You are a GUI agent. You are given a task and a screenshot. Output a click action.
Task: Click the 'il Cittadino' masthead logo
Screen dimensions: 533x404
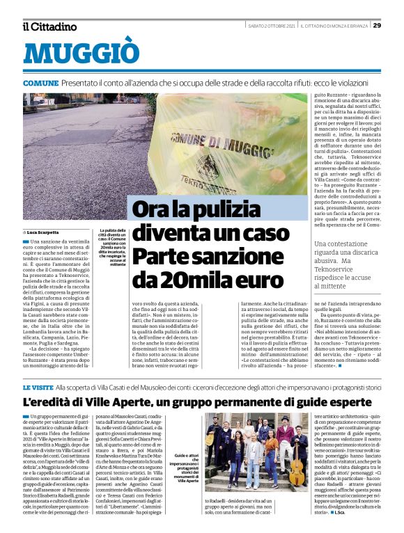pyautogui.click(x=49, y=26)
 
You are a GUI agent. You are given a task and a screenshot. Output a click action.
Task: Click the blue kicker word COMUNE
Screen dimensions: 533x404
pyautogui.click(x=40, y=83)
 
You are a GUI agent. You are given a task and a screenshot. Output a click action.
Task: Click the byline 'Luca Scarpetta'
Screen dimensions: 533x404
pyautogui.click(x=43, y=232)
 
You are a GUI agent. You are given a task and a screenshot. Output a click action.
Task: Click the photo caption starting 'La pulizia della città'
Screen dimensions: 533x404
pyautogui.click(x=112, y=247)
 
